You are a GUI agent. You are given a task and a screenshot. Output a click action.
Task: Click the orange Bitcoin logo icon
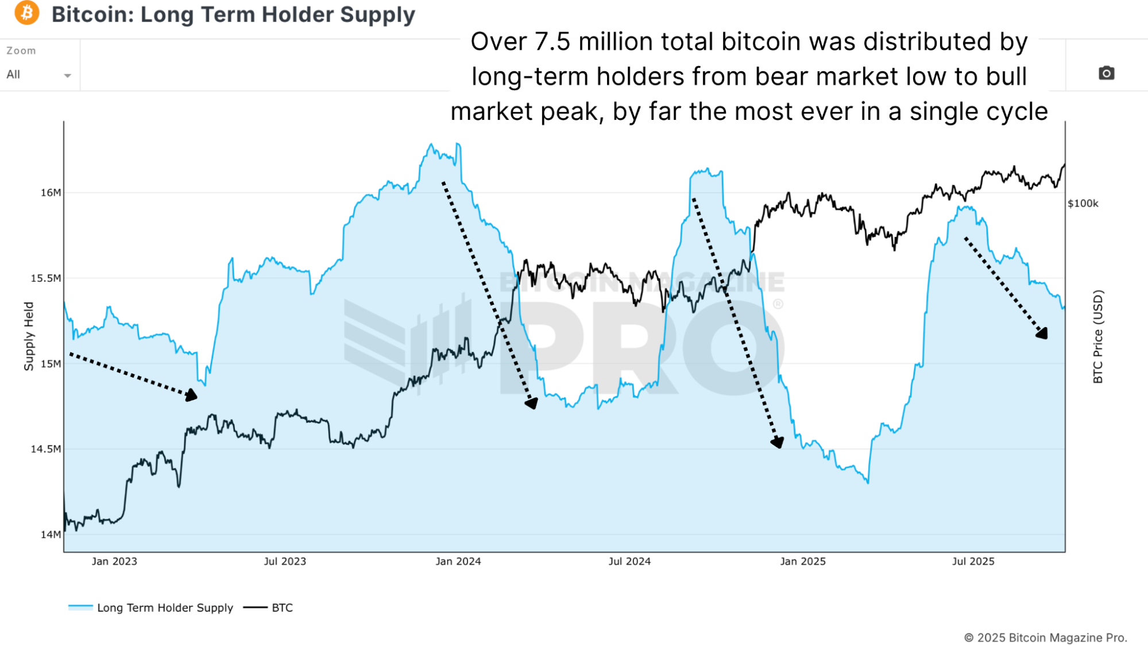[27, 13]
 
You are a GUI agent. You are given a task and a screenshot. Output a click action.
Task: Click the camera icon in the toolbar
[1106, 73]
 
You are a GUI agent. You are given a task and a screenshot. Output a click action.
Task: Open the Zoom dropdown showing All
[38, 75]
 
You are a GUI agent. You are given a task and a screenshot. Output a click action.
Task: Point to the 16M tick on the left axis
[51, 193]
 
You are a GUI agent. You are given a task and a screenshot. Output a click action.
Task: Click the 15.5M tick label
[45, 278]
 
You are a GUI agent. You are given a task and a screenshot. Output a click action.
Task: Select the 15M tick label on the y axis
[51, 364]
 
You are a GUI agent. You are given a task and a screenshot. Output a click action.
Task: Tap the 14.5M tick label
[45, 449]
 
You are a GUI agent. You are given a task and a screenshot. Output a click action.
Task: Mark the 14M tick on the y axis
[51, 534]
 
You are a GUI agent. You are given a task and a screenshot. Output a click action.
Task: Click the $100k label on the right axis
[1083, 204]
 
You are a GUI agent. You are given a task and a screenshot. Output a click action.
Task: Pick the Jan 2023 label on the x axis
[114, 561]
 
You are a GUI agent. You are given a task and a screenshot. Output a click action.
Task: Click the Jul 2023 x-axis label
[285, 561]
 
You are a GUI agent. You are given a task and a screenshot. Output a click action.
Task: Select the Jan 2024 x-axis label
[458, 561]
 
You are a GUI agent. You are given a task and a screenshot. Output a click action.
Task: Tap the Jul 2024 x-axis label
[629, 561]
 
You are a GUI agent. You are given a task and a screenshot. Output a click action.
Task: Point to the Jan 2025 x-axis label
[802, 561]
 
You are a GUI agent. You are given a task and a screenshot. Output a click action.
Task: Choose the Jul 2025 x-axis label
[973, 561]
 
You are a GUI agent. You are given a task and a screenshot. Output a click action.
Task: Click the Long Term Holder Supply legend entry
[164, 608]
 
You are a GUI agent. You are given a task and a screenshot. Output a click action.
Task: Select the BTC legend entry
[282, 608]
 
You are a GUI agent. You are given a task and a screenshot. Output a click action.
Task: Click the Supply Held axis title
[29, 336]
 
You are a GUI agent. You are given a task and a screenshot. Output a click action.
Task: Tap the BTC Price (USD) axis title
[1097, 336]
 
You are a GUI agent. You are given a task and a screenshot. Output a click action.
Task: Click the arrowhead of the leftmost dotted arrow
[192, 395]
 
